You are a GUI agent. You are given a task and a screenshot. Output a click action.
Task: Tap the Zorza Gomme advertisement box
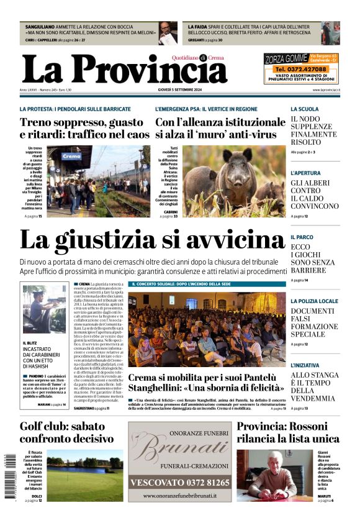(301, 68)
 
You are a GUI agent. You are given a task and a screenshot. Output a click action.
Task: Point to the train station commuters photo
(97, 181)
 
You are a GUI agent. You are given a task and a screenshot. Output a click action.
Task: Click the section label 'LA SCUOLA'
(305, 109)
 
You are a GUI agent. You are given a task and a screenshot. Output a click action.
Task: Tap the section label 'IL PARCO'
(302, 237)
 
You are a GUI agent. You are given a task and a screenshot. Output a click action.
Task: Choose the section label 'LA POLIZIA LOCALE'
(314, 301)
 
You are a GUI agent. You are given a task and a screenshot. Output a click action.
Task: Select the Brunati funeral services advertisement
(180, 462)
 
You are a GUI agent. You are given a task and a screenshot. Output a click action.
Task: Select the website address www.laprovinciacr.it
(326, 91)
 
